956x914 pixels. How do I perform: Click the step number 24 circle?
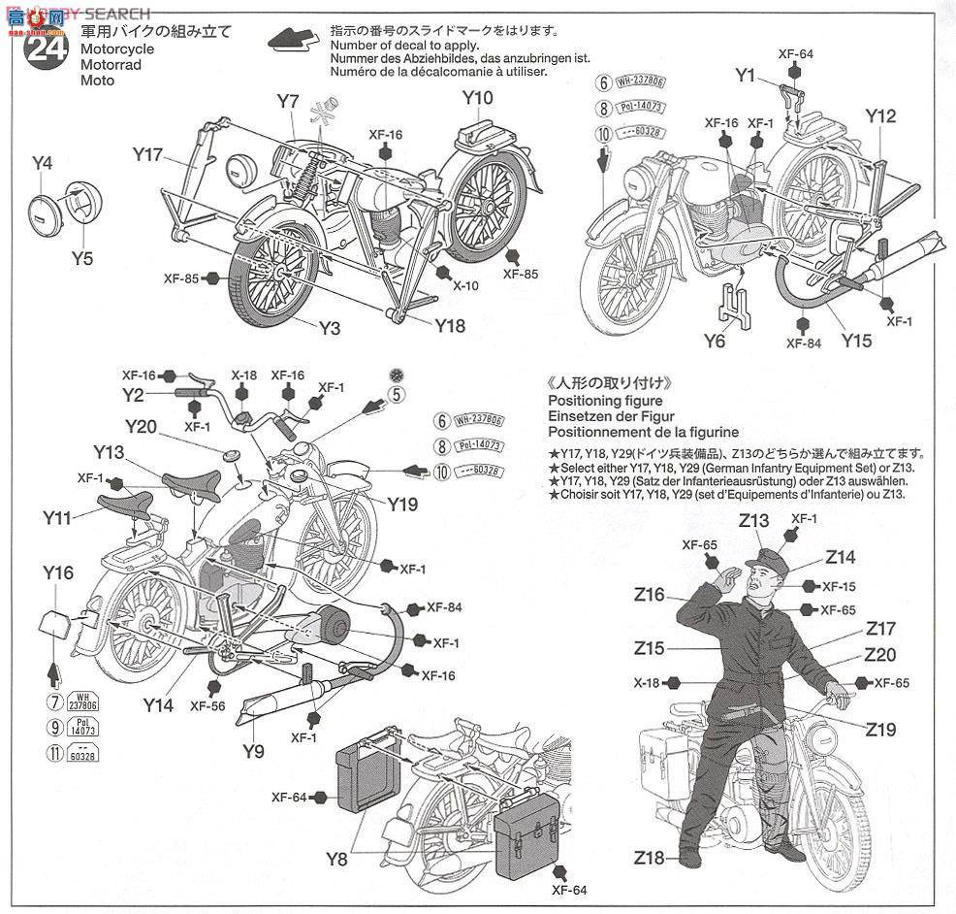(45, 49)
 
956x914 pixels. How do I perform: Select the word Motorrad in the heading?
(112, 65)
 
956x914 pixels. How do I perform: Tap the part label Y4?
(42, 163)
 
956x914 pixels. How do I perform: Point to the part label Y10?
(478, 97)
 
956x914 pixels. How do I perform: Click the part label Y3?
(330, 328)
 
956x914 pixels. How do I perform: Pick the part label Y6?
(715, 340)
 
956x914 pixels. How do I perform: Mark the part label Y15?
(856, 341)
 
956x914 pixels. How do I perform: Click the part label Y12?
(880, 115)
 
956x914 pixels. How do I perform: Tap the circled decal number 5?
(395, 393)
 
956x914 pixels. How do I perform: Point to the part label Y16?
(58, 572)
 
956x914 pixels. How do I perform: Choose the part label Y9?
(254, 749)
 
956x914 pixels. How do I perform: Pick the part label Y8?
(336, 859)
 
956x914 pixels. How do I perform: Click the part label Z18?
(650, 858)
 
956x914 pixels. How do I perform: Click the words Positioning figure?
(605, 401)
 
